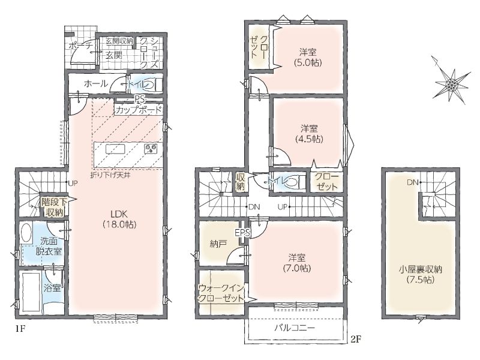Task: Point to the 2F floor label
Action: pyautogui.click(x=356, y=339)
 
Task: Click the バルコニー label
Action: pyautogui.click(x=294, y=328)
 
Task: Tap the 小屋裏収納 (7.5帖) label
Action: pyautogui.click(x=421, y=275)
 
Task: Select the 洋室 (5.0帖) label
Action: pyautogui.click(x=308, y=58)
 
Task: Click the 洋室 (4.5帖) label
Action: pyautogui.click(x=309, y=134)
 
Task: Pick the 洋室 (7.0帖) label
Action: pyautogui.click(x=296, y=263)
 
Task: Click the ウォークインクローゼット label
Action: pyautogui.click(x=221, y=293)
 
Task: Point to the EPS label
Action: pyautogui.click(x=242, y=232)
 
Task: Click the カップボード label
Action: pyautogui.click(x=139, y=109)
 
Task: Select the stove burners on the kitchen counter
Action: pyautogui.click(x=151, y=149)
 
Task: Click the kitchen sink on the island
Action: pyautogui.click(x=115, y=149)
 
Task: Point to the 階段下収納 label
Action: pyautogui.click(x=54, y=207)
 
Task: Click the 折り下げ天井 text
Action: pyautogui.click(x=110, y=176)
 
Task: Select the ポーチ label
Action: pyautogui.click(x=80, y=46)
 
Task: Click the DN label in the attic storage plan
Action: pyautogui.click(x=413, y=182)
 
